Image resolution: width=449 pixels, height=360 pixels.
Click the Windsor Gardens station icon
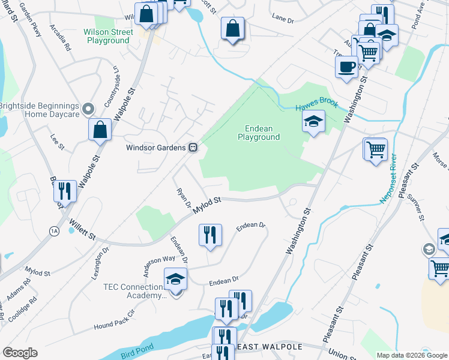193,147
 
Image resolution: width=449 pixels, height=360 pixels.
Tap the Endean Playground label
263,133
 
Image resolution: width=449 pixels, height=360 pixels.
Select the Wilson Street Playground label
108,36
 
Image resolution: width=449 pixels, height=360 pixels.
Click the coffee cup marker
346,67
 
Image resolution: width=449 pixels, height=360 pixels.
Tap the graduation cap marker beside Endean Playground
313,123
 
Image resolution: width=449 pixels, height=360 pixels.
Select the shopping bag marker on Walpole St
100,130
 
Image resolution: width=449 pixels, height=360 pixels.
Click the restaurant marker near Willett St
65,191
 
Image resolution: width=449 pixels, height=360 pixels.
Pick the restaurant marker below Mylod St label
210,235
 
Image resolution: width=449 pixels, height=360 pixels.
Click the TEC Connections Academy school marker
175,280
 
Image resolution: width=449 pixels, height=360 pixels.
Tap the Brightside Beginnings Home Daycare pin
88,109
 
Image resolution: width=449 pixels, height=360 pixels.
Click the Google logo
20,353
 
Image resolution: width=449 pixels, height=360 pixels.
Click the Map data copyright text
412,355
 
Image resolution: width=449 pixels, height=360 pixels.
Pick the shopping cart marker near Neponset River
376,150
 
